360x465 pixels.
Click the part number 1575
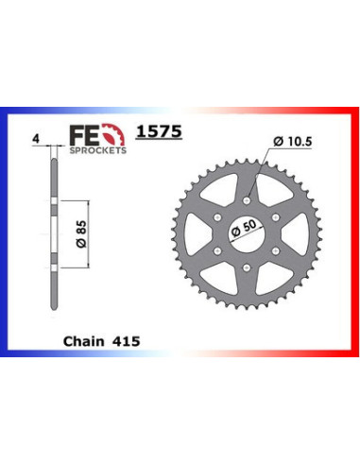159,131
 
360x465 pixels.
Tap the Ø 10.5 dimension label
293,142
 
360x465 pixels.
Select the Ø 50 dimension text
244,228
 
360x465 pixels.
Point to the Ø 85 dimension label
81,234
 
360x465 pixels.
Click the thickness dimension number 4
36,139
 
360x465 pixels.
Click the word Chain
84,341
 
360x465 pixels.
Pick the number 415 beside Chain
128,341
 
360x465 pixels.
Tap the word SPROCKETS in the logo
98,150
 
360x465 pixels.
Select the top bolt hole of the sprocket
247,200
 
